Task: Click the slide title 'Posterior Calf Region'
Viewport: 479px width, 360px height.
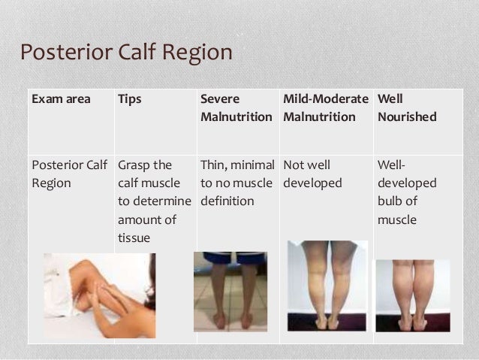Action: click(x=126, y=53)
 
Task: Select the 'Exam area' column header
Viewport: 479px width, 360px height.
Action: click(x=60, y=98)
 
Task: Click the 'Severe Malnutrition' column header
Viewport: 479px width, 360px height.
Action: click(x=236, y=107)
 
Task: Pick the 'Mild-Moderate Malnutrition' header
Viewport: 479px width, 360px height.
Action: click(x=326, y=107)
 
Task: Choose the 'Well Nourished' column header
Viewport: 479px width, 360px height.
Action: click(x=406, y=107)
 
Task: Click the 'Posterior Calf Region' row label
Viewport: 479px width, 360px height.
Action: click(x=68, y=174)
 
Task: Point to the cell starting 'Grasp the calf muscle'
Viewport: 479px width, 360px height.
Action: click(x=154, y=201)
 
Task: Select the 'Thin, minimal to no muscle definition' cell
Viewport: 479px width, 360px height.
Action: click(x=236, y=183)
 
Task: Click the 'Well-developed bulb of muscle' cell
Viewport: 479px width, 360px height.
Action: click(x=406, y=192)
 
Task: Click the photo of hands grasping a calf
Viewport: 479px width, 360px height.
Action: click(x=99, y=295)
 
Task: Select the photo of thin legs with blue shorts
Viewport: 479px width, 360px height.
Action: click(x=230, y=291)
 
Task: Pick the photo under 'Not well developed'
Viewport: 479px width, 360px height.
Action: click(x=327, y=286)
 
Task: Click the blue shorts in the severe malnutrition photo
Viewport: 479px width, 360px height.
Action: click(x=230, y=257)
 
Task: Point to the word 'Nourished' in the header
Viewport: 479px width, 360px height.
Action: click(x=406, y=116)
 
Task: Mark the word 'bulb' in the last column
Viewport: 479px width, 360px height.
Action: click(x=393, y=201)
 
